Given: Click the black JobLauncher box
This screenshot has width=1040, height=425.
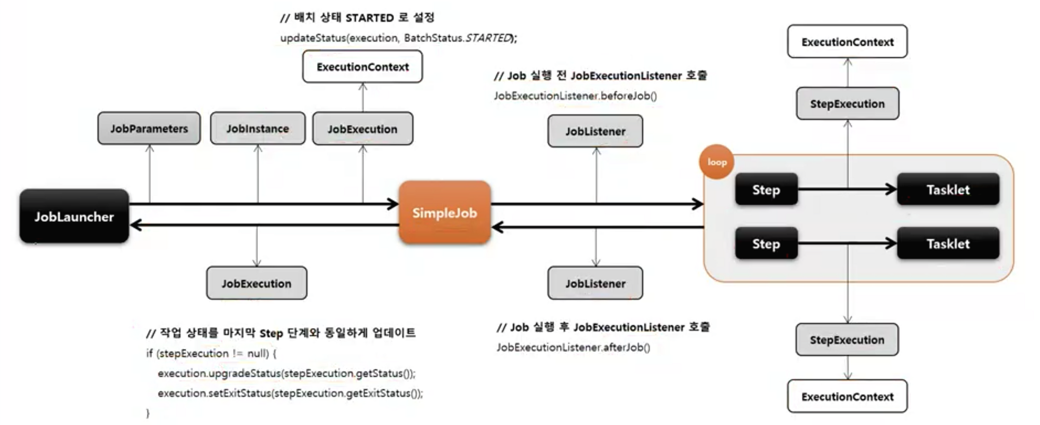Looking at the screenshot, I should (x=74, y=216).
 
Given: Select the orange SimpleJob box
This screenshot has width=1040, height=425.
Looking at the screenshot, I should (x=445, y=212).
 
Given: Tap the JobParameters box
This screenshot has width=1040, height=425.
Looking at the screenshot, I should (x=149, y=128).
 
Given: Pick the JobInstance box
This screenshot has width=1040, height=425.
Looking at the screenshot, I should (x=257, y=128).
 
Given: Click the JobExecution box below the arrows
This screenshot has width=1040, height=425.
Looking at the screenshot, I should (x=256, y=283).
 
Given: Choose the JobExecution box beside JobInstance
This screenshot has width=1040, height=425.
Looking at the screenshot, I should (x=362, y=129).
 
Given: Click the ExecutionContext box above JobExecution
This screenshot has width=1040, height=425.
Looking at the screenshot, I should (x=362, y=67).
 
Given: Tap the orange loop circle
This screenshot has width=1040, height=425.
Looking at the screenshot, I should (x=717, y=162).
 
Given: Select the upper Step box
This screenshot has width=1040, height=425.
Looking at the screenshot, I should (x=766, y=190).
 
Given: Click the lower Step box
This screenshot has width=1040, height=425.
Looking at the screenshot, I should (x=766, y=243).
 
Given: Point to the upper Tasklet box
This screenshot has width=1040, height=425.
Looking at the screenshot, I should (x=948, y=190).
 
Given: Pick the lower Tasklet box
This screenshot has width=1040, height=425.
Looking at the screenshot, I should (x=948, y=243).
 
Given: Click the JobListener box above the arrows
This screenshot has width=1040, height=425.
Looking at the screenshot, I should (x=595, y=131).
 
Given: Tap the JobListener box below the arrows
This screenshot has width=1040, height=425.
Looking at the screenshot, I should (x=595, y=283).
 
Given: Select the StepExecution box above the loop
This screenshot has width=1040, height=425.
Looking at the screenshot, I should (x=847, y=103).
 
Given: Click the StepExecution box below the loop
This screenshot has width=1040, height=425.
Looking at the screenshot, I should (x=847, y=340).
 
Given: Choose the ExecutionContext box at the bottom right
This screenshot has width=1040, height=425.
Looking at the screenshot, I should (x=847, y=396).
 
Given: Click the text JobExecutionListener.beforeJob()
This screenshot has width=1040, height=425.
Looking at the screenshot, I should (x=575, y=96).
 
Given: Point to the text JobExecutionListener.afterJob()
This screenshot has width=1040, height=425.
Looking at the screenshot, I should (x=573, y=347).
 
